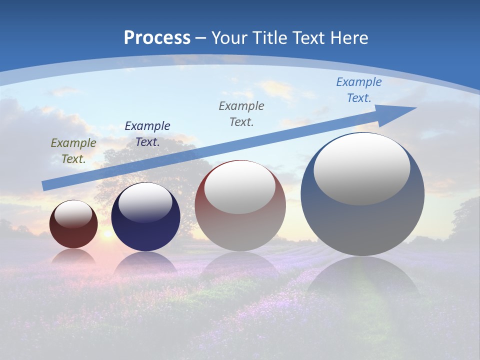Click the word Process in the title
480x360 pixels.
click(x=157, y=38)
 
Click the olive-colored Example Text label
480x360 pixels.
click(x=73, y=150)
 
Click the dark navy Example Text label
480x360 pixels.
click(x=147, y=133)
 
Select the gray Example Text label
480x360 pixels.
click(x=241, y=113)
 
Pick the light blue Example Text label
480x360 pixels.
click(x=359, y=89)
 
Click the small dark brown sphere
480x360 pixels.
click(x=73, y=235)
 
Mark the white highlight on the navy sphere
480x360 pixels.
click(x=145, y=202)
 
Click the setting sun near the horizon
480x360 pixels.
click(x=106, y=234)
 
